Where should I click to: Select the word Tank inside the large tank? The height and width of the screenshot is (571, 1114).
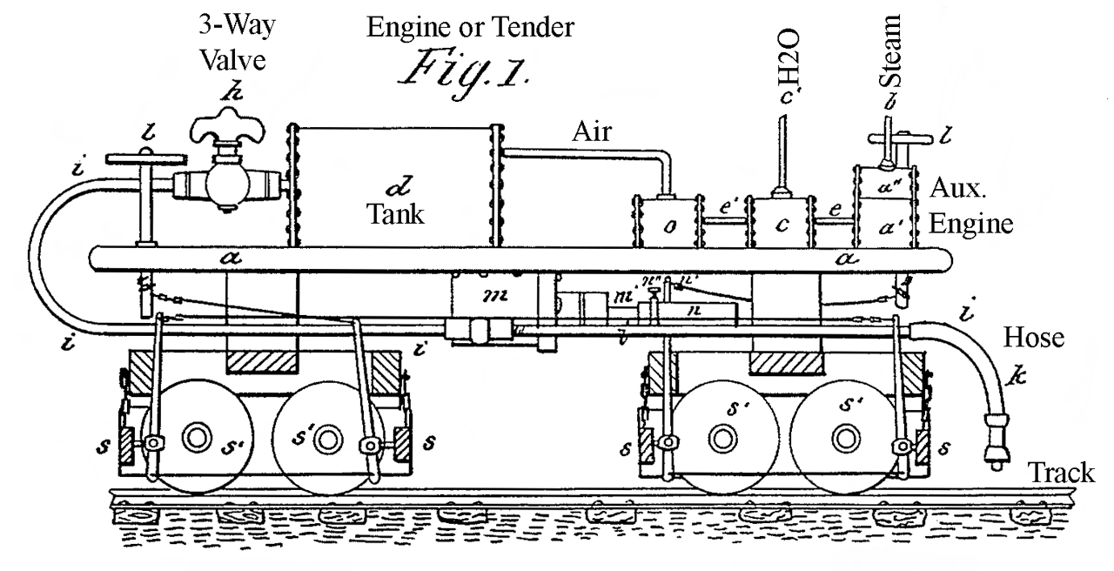tap(395, 214)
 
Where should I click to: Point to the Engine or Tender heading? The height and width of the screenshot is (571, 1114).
tap(470, 27)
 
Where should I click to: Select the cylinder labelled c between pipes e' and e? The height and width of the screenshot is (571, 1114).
tap(782, 225)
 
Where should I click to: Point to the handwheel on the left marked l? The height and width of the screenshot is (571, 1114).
tap(145, 160)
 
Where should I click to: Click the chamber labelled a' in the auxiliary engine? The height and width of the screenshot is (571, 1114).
tap(883, 231)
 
